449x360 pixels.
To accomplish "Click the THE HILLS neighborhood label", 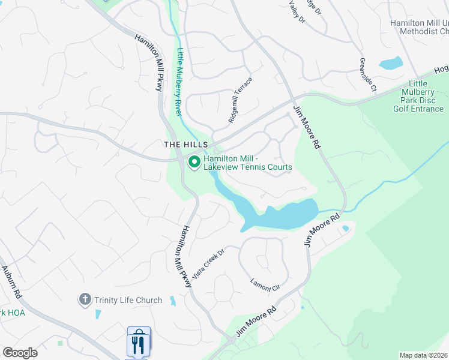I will tap(186, 145).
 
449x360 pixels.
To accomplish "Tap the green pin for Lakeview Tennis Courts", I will tap(194, 162).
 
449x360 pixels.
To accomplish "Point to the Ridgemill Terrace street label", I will tap(241, 100).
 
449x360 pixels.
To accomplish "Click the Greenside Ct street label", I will tap(367, 75).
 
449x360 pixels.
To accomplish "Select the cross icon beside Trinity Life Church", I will tap(85, 299).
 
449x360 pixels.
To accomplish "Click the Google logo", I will tap(20, 353).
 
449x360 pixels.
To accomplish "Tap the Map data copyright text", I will tap(424, 355).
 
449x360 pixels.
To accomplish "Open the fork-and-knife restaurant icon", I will tap(139, 343).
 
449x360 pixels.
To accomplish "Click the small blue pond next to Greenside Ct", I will tap(391, 62).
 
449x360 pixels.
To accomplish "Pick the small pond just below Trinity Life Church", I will tap(98, 314).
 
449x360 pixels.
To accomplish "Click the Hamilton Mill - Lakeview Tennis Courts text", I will tap(247, 163).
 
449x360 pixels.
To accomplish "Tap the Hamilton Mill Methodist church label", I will tap(420, 26).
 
